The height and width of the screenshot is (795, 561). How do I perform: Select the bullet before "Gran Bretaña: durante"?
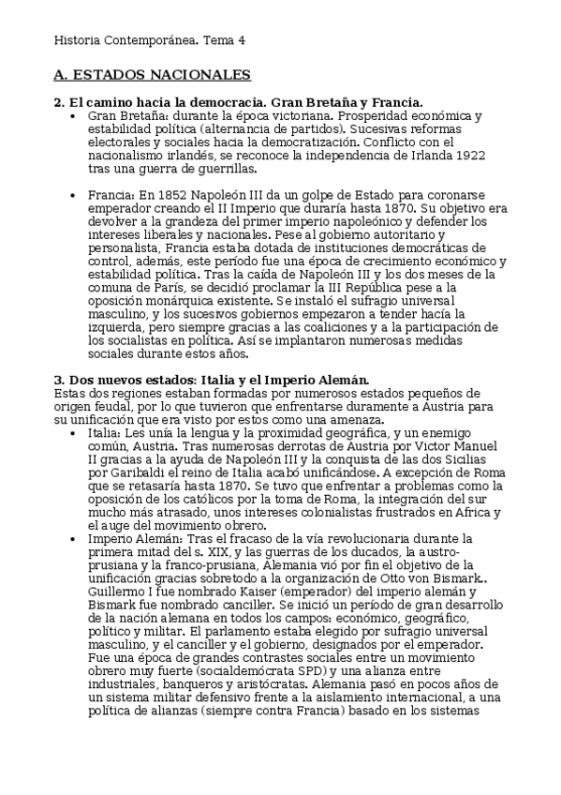click(73, 115)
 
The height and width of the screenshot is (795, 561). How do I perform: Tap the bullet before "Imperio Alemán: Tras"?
click(73, 538)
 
